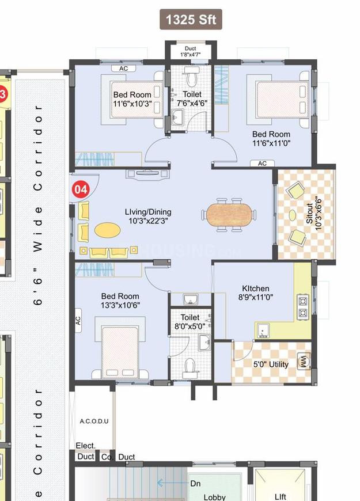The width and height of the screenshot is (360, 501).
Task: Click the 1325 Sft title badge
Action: [x=191, y=20]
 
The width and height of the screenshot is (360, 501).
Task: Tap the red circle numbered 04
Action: [x=81, y=189]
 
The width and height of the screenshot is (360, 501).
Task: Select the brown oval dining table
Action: [x=229, y=215]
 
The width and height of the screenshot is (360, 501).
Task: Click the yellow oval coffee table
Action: [x=108, y=230]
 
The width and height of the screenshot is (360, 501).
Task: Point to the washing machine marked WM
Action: [x=304, y=362]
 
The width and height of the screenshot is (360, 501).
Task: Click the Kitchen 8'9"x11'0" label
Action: [x=256, y=293]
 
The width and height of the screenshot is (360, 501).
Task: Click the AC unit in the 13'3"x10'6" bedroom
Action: [x=78, y=321]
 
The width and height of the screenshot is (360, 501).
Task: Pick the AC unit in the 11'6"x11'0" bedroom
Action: [x=262, y=164]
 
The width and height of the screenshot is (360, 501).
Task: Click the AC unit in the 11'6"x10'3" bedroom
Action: [x=123, y=69]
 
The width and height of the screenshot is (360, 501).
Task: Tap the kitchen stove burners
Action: [x=303, y=307]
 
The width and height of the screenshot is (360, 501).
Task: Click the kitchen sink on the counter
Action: [x=263, y=331]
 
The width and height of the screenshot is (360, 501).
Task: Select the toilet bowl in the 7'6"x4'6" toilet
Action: [x=191, y=77]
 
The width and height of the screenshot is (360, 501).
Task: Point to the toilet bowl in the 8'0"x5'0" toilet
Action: [x=190, y=368]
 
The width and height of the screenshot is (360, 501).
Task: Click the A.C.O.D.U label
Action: [x=94, y=421]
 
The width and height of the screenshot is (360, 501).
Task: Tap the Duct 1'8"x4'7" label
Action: [x=190, y=51]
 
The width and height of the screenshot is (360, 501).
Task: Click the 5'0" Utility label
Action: [x=271, y=365]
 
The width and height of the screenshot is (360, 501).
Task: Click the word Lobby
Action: [x=214, y=497]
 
